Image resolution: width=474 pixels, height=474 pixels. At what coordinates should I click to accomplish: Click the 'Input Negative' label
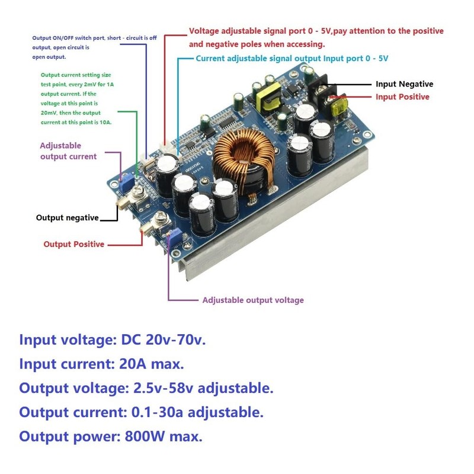tap(404, 84)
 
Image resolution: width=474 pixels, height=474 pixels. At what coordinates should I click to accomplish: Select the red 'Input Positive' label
tap(402, 97)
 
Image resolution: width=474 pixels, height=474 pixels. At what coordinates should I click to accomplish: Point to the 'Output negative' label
tap(68, 217)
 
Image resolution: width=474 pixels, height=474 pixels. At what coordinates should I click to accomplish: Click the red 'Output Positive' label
tap(74, 244)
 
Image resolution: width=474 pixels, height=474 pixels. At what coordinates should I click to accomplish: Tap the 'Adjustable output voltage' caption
tap(253, 300)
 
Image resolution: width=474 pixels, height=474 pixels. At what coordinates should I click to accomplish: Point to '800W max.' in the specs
tap(164, 437)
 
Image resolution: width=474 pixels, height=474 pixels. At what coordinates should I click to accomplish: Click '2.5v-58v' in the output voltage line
tap(161, 388)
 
